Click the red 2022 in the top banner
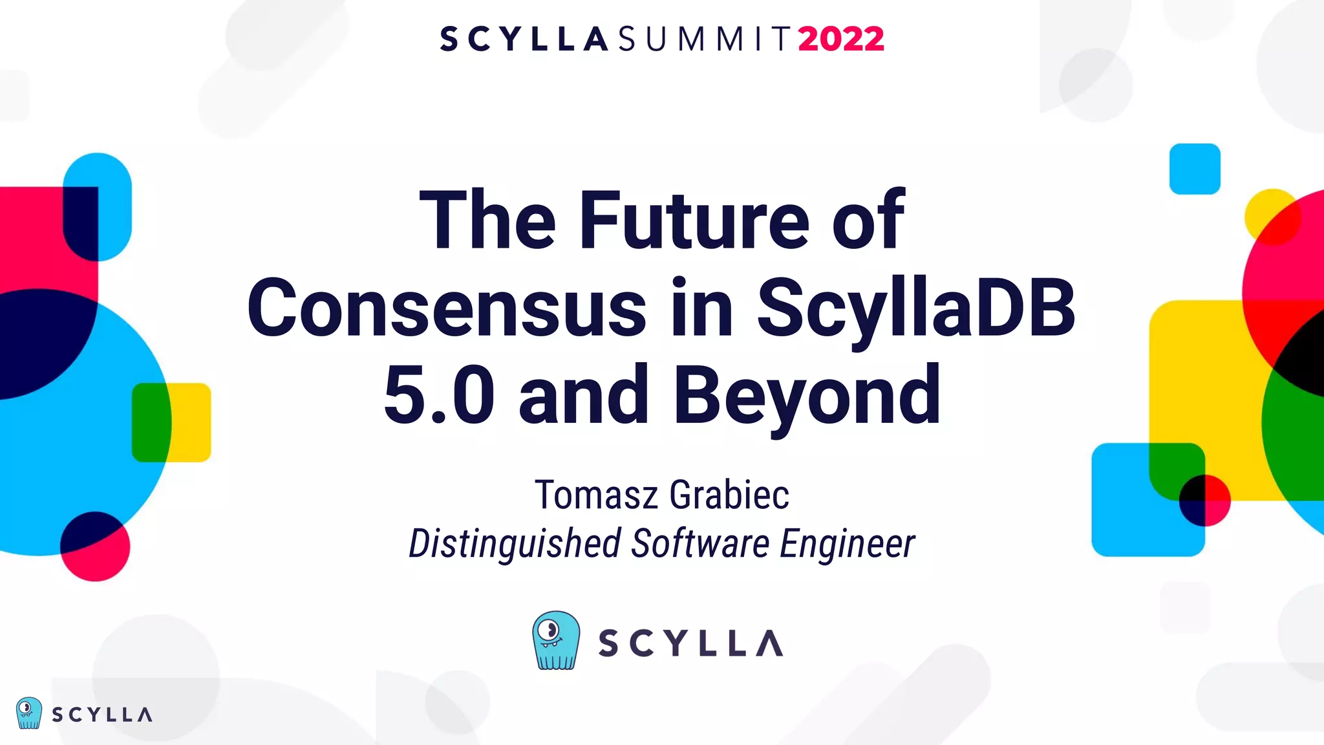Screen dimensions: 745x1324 (x=840, y=39)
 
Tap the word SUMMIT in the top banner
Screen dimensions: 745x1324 (x=705, y=39)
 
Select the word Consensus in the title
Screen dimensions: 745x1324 (x=446, y=308)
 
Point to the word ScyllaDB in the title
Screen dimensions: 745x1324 (x=915, y=308)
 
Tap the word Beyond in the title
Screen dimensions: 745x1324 (x=807, y=396)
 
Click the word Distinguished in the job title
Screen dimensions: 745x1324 (x=515, y=543)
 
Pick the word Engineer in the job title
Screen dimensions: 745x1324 (x=847, y=543)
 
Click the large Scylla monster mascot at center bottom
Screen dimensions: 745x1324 (x=555, y=640)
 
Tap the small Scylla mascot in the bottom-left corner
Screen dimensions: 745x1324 (x=28, y=713)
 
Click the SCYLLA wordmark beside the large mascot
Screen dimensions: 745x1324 (x=690, y=643)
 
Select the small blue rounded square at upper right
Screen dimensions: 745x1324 (x=1195, y=169)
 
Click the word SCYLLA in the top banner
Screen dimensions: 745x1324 (x=524, y=39)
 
